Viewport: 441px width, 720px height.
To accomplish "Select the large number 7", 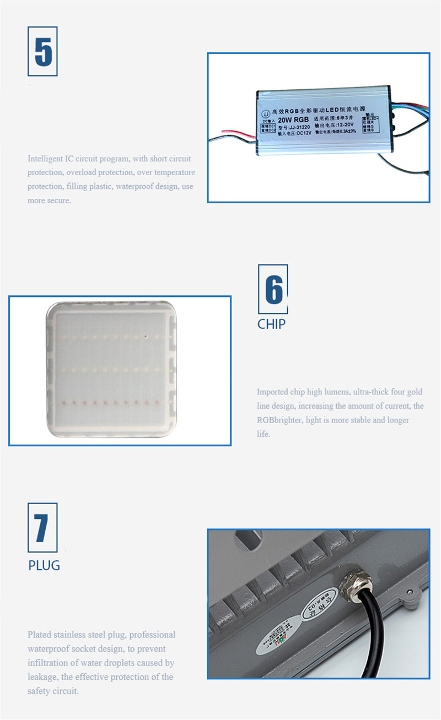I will click(x=42, y=528).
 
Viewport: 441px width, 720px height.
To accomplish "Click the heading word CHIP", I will click(x=271, y=324).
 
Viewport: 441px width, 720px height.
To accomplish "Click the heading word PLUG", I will click(x=44, y=565).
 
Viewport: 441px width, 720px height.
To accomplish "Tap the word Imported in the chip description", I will click(x=272, y=392).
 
